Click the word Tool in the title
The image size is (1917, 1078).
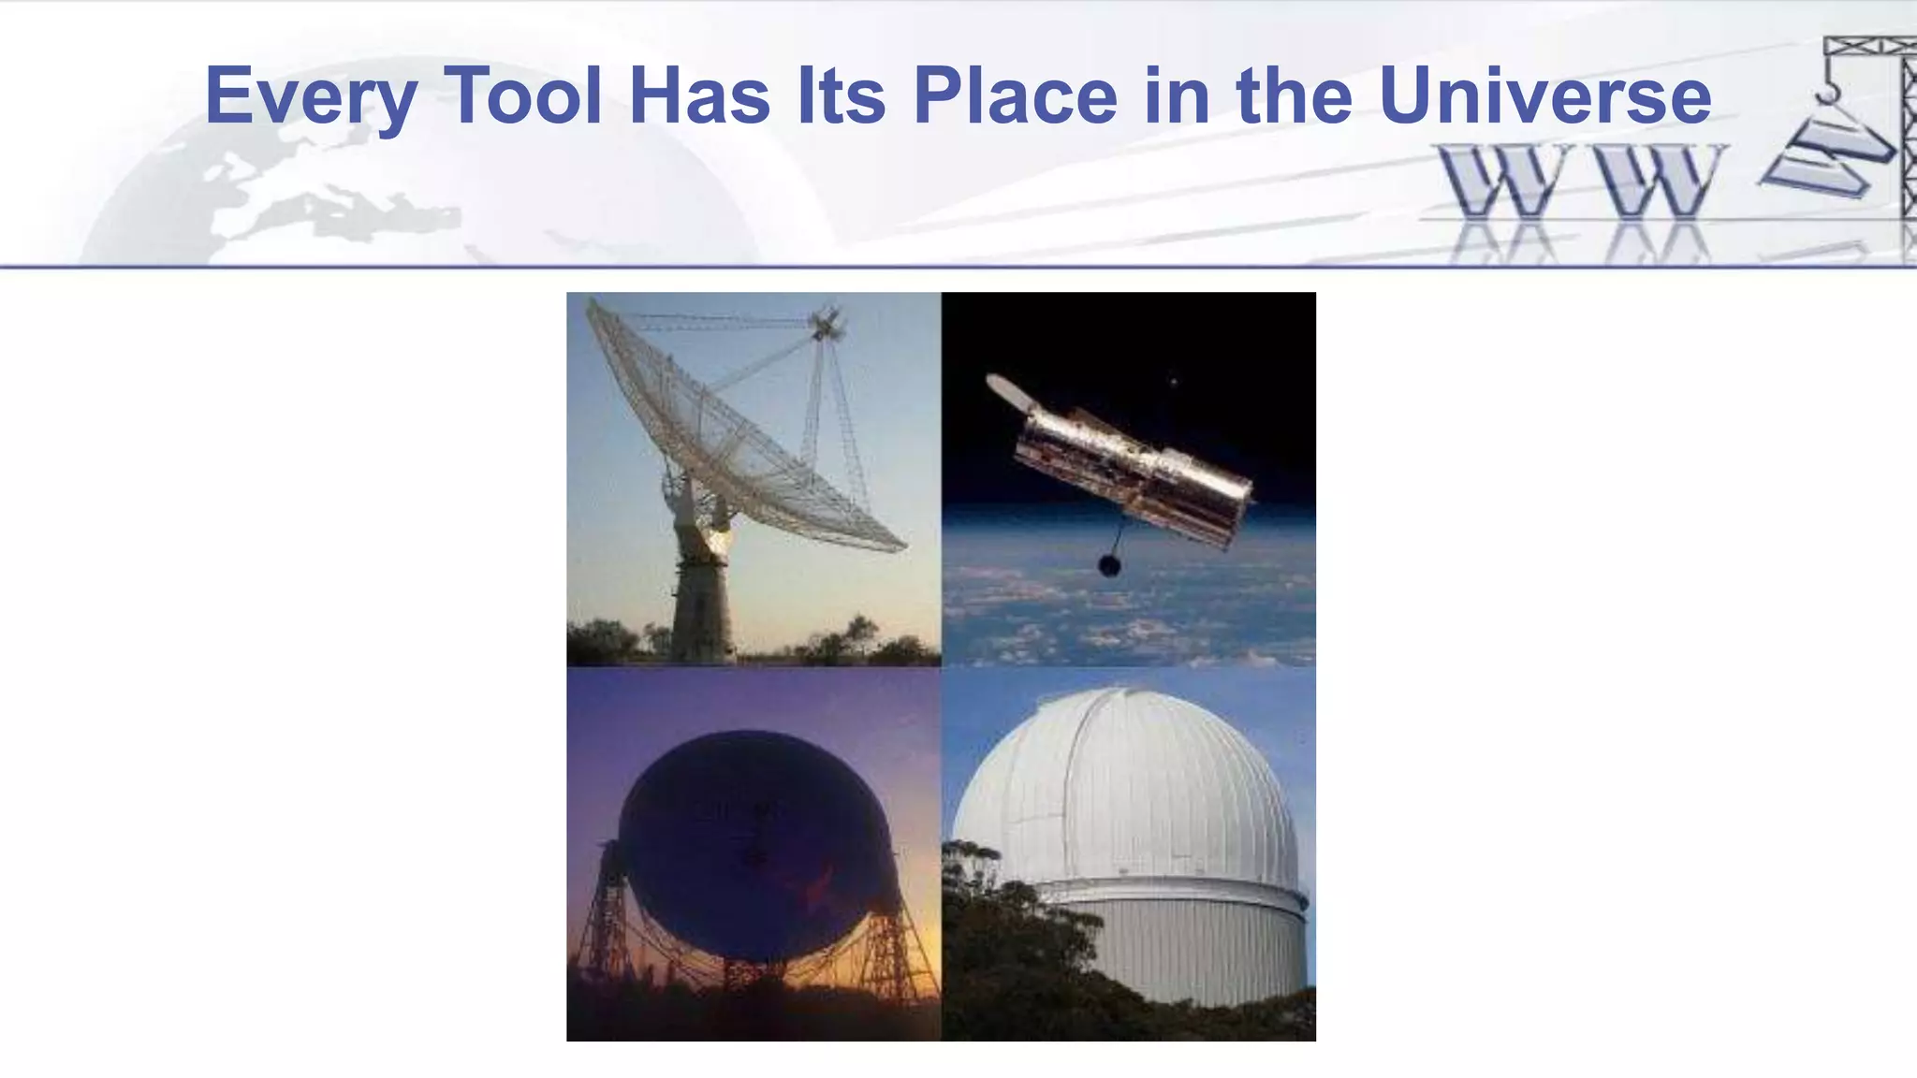[522, 95]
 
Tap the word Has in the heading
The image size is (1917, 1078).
[699, 95]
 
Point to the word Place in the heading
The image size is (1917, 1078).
[1015, 95]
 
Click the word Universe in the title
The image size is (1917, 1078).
[1544, 95]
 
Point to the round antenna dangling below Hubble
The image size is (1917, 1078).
[1109, 565]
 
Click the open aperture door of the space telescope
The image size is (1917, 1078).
[1009, 391]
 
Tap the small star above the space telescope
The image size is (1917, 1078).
[1174, 381]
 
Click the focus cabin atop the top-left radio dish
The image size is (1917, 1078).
[826, 325]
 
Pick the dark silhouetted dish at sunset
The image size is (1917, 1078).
[754, 842]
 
